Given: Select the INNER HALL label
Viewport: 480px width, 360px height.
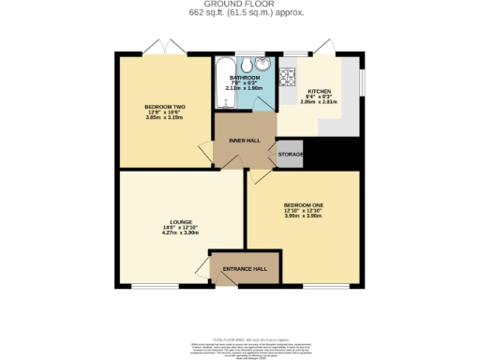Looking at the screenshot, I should pos(244,141).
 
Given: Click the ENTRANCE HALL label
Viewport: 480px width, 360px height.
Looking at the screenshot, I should pos(246,269).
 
